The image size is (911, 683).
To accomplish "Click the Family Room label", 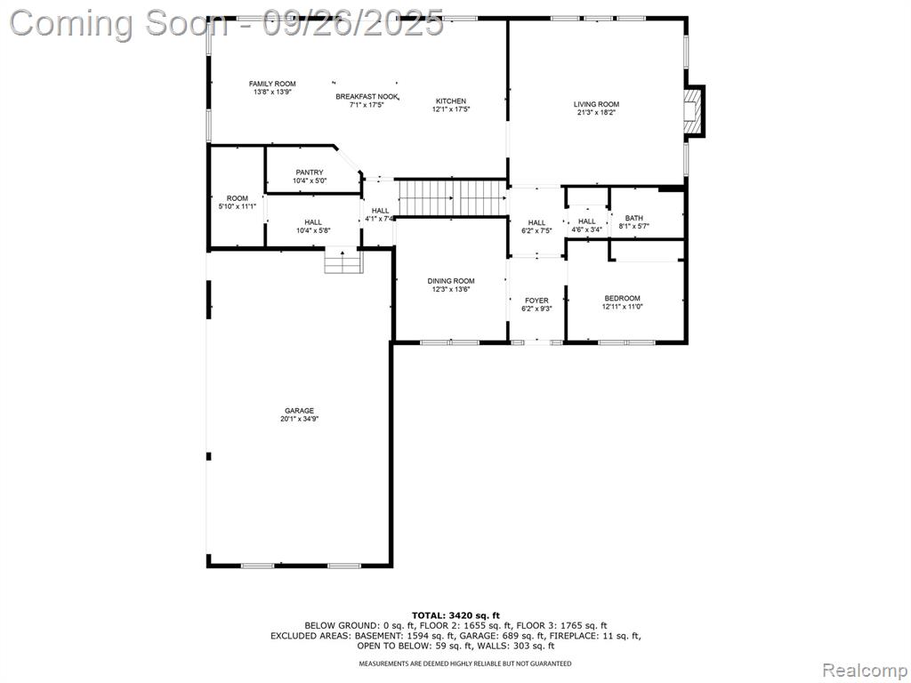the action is click(x=272, y=84).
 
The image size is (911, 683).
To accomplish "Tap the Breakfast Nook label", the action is click(x=367, y=97).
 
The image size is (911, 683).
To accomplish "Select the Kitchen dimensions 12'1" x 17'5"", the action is click(x=451, y=109).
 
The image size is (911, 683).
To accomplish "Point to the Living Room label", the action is click(x=596, y=105).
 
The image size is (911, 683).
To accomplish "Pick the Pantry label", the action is click(x=309, y=173).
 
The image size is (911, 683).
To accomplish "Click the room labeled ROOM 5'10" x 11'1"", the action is click(x=237, y=198).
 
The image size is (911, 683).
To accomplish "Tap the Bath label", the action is click(x=633, y=219).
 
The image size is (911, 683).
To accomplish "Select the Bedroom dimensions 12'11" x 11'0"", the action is click(x=622, y=307).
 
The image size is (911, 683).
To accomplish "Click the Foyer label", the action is click(x=536, y=301).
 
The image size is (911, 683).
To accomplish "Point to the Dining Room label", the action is click(x=451, y=281).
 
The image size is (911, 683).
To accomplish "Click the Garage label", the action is click(x=299, y=411).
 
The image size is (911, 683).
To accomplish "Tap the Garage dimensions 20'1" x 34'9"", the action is click(x=299, y=420).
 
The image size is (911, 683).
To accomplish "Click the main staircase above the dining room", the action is click(x=452, y=198).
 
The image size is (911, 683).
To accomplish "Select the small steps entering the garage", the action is click(x=343, y=261).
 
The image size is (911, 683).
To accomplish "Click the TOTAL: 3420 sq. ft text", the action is click(x=455, y=615).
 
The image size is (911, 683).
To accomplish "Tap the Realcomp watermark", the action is click(x=864, y=671).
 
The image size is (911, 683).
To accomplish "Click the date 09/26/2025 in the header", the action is click(x=352, y=23).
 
